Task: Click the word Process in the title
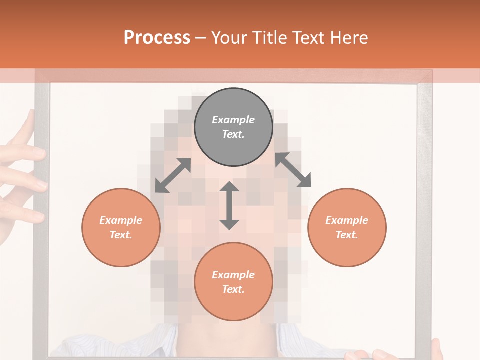tap(157, 38)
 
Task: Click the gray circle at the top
tap(233, 127)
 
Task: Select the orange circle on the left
tap(121, 227)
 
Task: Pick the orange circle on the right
tap(347, 227)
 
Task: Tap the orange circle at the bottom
tap(233, 282)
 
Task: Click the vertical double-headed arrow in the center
tap(229, 205)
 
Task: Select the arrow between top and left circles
tap(173, 175)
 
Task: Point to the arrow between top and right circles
tap(293, 170)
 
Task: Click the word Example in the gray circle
tap(233, 120)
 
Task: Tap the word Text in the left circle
tap(121, 235)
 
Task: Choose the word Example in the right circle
tap(347, 220)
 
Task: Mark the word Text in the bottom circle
tap(233, 289)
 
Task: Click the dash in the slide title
tap(200, 38)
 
